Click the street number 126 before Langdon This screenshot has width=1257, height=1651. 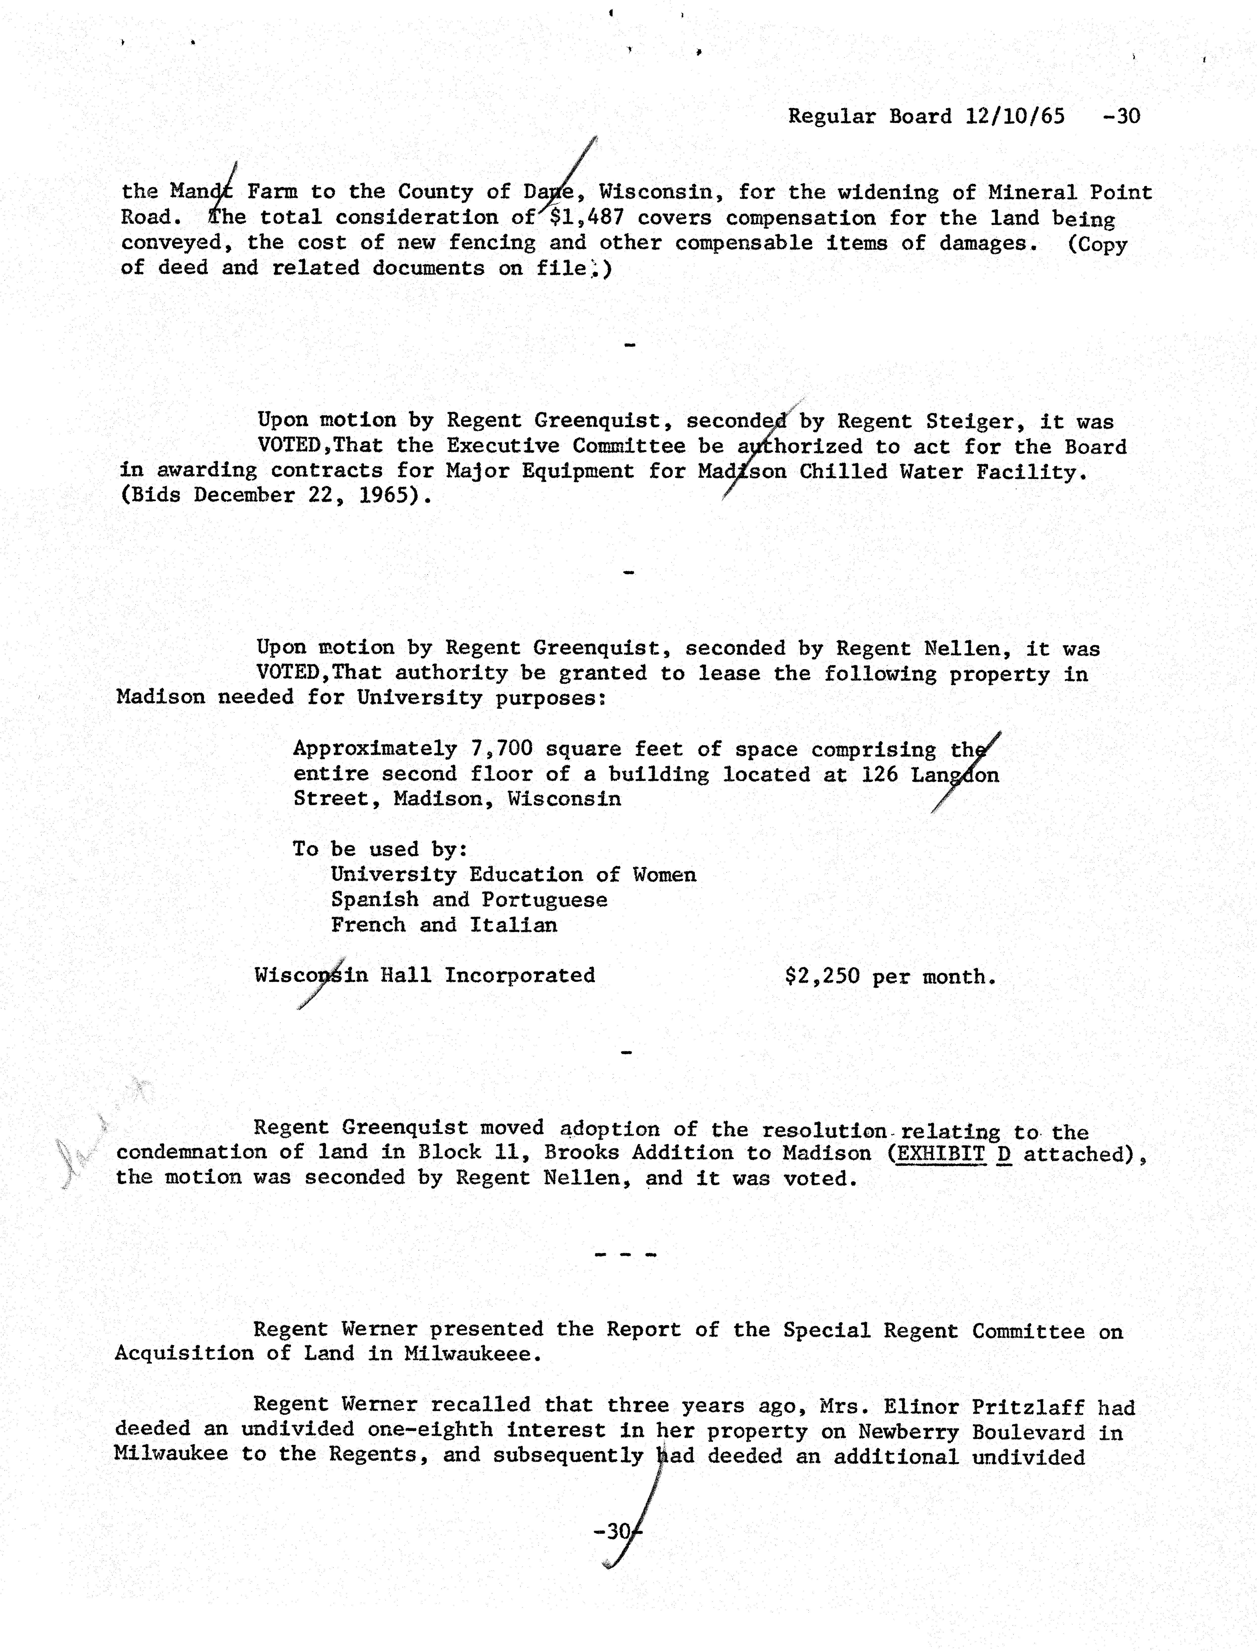(x=879, y=774)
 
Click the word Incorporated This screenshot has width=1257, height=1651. (x=520, y=976)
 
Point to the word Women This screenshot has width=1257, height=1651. (x=664, y=875)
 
